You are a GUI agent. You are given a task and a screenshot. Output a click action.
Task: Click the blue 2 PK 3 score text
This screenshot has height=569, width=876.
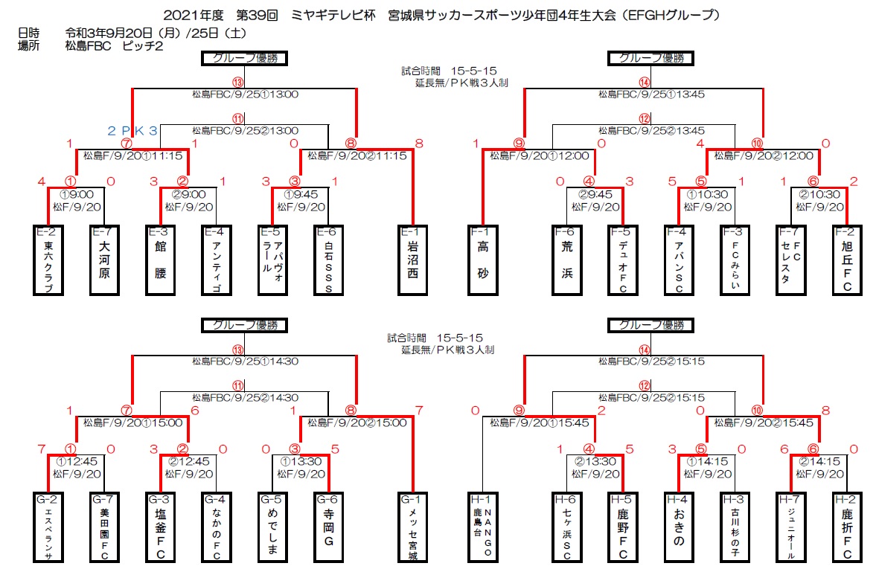pyautogui.click(x=132, y=131)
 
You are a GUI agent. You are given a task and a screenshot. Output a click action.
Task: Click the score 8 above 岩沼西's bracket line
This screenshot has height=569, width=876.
pyautogui.click(x=419, y=143)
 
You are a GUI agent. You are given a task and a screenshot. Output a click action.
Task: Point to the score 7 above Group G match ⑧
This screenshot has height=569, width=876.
pyautogui.click(x=419, y=411)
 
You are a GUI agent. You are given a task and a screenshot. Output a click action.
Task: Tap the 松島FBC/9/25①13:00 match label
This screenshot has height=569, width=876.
pyautogui.click(x=245, y=94)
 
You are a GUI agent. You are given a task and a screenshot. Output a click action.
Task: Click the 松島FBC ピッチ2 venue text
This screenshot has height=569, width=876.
pyautogui.click(x=114, y=46)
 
